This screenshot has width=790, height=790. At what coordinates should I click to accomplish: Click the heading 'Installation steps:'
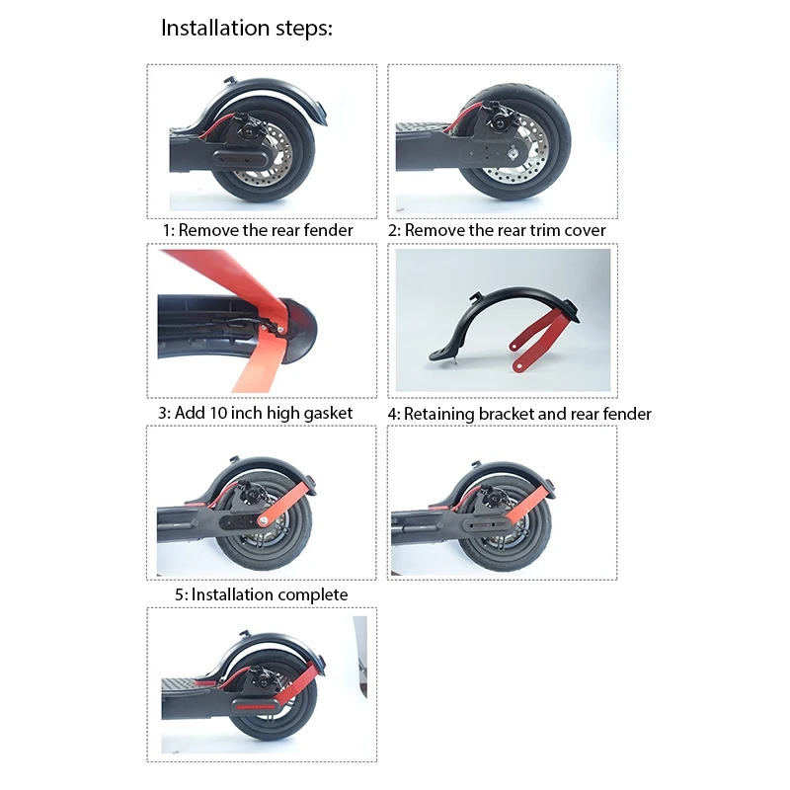247,28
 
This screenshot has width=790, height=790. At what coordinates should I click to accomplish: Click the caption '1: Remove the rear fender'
258,230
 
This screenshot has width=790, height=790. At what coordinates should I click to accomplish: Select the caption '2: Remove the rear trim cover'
497,230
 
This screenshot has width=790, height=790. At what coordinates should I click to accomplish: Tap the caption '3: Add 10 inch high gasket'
255,412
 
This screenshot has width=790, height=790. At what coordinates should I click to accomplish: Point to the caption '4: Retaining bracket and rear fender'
519,414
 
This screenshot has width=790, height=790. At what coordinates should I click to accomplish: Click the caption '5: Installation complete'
261,594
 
